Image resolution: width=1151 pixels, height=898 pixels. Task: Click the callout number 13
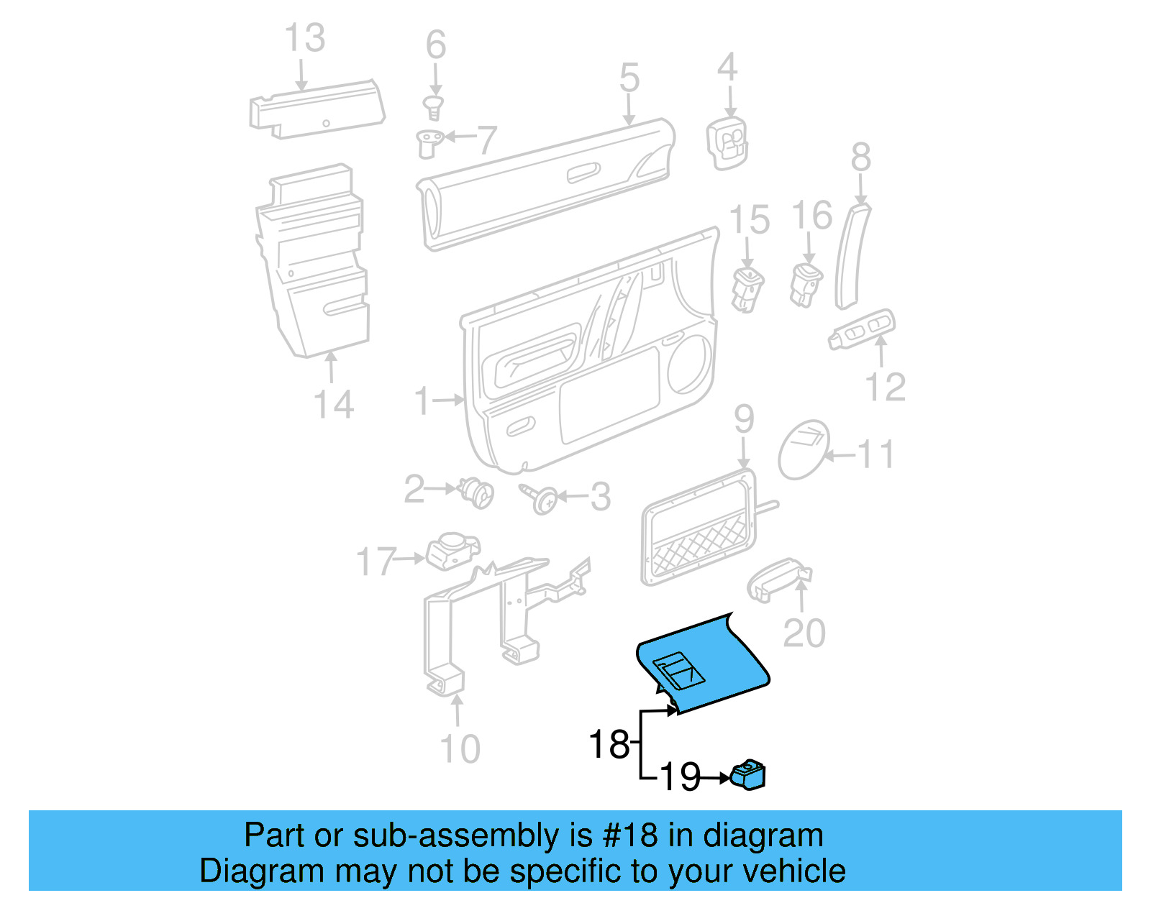[x=305, y=38]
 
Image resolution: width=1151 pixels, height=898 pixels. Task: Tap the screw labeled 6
[x=434, y=108]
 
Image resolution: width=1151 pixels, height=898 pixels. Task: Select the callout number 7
[x=487, y=139]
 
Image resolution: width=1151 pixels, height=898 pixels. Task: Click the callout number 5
[x=629, y=78]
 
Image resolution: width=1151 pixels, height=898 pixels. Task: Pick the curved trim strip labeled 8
[x=851, y=255]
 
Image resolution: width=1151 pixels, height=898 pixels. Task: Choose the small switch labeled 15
[x=747, y=289]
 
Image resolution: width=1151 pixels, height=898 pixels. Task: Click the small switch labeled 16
[x=806, y=284]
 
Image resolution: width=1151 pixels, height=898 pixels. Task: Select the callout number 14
[x=334, y=404]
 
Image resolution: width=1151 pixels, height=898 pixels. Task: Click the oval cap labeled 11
[x=804, y=450]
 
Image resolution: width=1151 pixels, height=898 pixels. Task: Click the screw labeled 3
[x=539, y=497]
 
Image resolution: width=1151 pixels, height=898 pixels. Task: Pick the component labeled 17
[x=452, y=550]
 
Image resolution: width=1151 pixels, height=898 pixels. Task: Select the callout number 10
[x=459, y=749]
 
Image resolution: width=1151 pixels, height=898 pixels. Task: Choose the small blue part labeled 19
[x=748, y=775]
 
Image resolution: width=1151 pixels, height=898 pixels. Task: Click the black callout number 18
[x=609, y=744]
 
